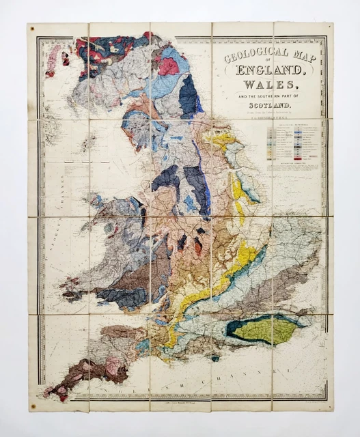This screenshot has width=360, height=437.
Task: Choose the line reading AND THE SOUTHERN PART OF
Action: [269, 96]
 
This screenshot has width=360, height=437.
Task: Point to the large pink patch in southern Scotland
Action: [168, 66]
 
